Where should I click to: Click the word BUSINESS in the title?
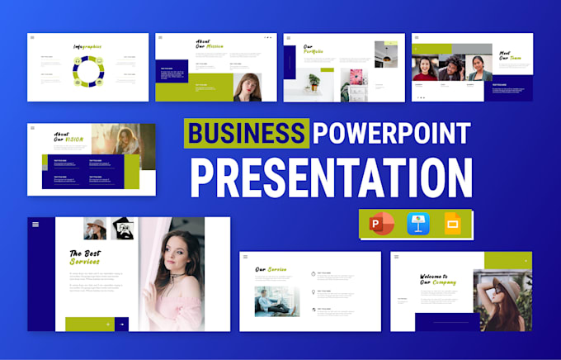click(246, 133)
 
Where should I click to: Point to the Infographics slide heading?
click(87, 47)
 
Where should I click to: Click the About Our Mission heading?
click(210, 45)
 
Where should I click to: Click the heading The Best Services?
click(86, 258)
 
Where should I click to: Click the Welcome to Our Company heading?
click(439, 280)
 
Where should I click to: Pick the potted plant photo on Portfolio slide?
click(314, 81)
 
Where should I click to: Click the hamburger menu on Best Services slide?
click(35, 225)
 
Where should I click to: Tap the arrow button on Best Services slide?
click(121, 324)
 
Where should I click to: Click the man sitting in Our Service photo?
click(275, 301)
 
